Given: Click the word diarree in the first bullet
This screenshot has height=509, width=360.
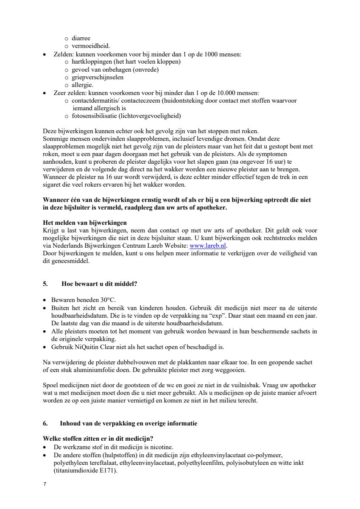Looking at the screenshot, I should point(81,39).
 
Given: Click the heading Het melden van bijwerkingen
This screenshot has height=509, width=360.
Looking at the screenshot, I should point(85,223).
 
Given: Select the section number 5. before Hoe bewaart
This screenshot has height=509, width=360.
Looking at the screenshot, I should point(46,284).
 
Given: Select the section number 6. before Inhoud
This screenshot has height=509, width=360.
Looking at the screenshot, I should point(46,423).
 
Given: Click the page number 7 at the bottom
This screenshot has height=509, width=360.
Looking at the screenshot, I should point(45,484).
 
